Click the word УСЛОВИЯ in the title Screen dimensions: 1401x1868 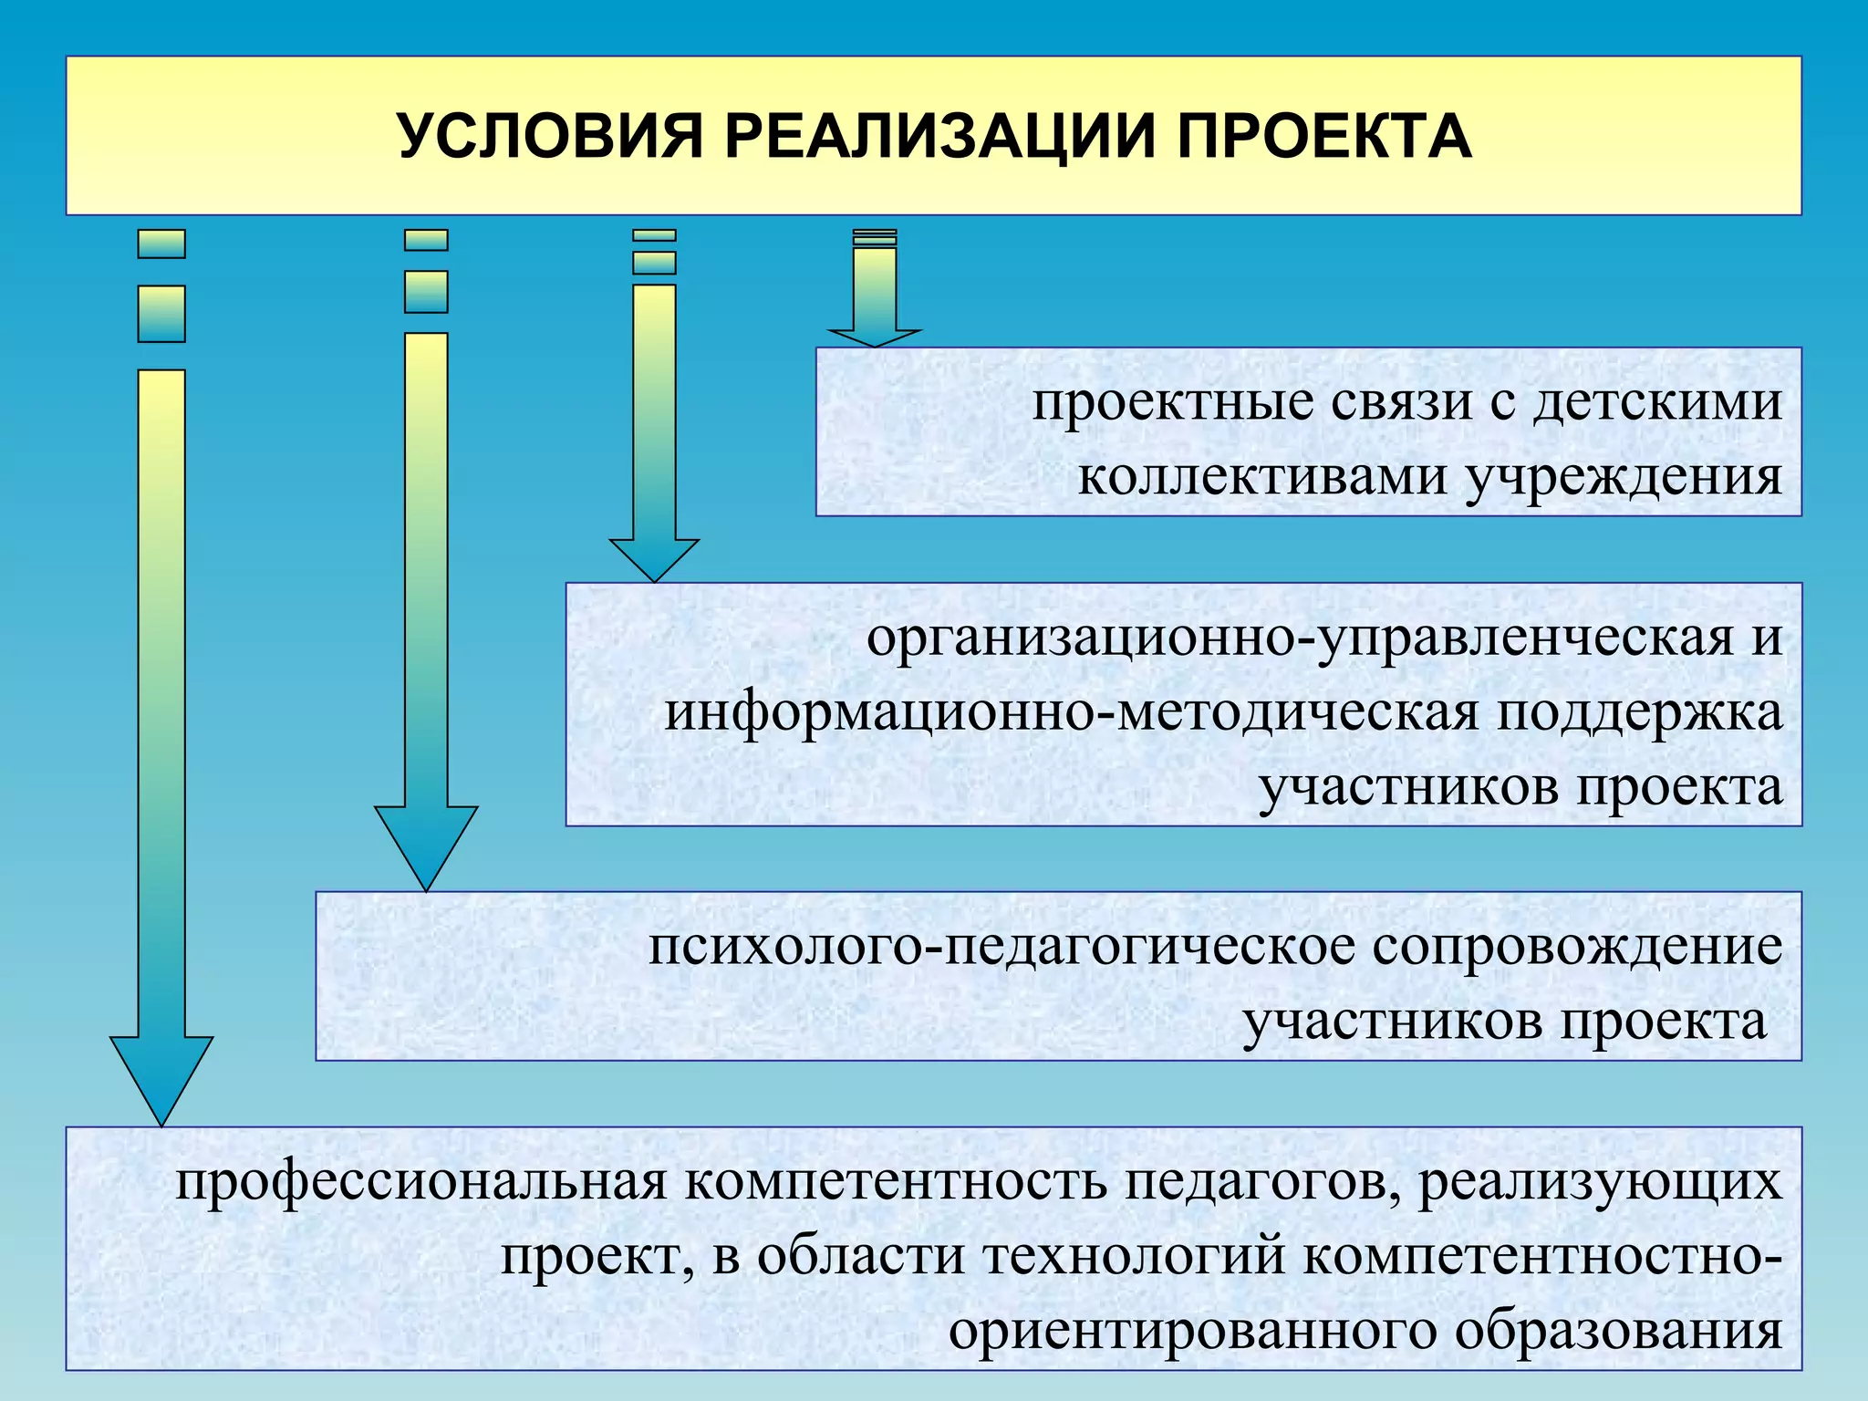click(x=551, y=137)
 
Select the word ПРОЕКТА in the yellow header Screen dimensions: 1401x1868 click(x=1323, y=137)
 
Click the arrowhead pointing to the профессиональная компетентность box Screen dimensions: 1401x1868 click(x=161, y=1076)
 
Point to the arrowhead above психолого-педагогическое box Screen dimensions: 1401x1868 click(x=426, y=844)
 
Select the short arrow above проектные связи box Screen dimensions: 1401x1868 click(x=875, y=292)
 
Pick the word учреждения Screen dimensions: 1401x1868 click(x=1624, y=477)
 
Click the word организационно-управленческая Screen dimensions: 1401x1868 click(x=1300, y=638)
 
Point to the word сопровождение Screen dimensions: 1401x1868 click(x=1577, y=947)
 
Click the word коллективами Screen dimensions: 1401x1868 click(x=1262, y=477)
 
